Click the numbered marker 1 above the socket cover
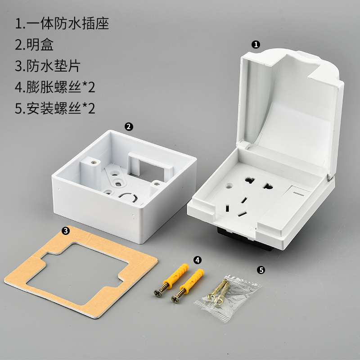tap(256, 44)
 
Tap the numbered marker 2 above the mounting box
tap(129, 126)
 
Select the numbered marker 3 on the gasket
tap(66, 231)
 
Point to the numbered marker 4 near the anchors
tap(198, 260)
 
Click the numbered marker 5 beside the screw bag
tap(261, 270)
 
